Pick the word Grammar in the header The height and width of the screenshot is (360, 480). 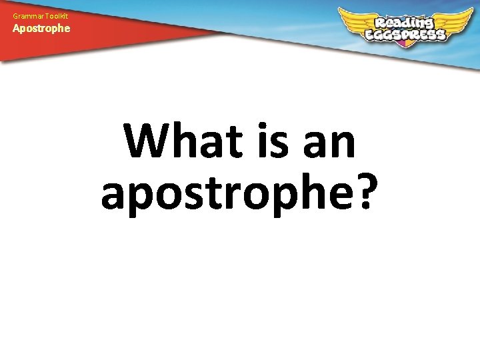22,15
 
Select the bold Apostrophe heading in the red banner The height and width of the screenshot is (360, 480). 41,29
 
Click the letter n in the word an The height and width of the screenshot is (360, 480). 343,146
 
